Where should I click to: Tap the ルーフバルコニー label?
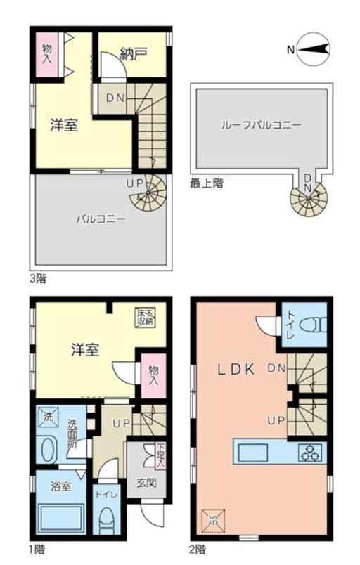coord(261,125)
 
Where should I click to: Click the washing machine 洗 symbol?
coord(47,417)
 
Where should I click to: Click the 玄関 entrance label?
coord(146,483)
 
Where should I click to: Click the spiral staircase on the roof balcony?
coord(307,200)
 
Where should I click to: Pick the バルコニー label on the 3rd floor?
coord(101,219)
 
